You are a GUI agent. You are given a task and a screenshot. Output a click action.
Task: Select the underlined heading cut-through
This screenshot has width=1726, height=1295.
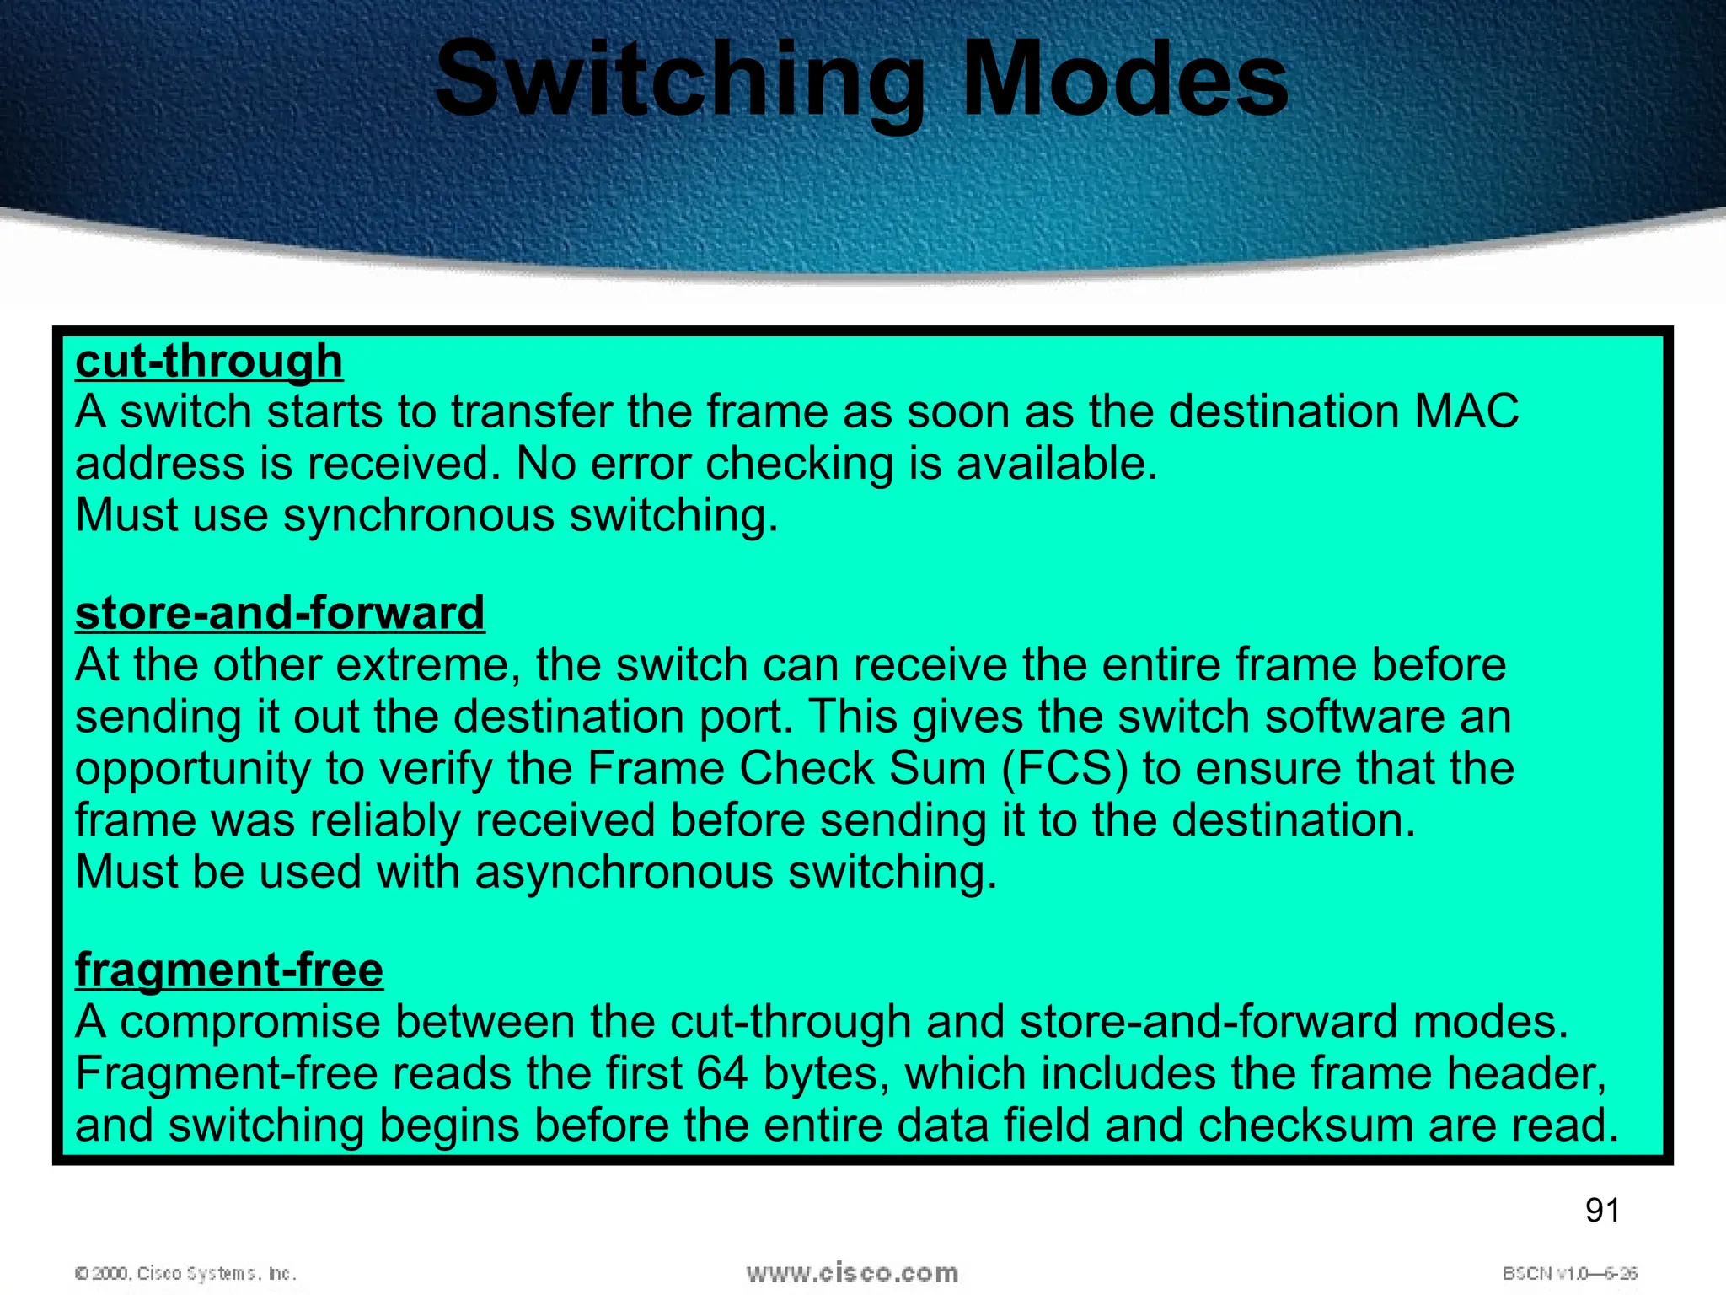pos(209,361)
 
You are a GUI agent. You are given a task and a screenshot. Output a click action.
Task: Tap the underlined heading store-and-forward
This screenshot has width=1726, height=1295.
pos(280,613)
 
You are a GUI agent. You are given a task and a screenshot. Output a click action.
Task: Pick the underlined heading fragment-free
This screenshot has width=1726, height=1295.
pos(229,970)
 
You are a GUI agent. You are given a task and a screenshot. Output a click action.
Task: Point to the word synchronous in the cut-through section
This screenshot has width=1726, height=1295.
pos(419,515)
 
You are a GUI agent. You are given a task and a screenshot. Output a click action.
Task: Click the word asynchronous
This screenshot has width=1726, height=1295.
pos(624,872)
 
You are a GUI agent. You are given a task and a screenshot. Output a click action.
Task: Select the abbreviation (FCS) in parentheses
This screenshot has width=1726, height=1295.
pos(1065,769)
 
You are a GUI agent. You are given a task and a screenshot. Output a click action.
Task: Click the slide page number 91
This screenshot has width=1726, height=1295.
pos(1602,1211)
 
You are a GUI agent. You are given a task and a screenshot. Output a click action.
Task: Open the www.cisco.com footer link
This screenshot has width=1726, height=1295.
pos(852,1273)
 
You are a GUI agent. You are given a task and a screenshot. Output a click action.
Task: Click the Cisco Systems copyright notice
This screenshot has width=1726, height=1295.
pos(185,1273)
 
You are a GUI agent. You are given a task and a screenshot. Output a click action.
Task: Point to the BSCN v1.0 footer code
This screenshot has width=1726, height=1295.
pos(1569,1273)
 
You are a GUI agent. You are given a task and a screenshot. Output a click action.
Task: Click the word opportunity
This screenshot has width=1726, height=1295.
pos(193,769)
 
